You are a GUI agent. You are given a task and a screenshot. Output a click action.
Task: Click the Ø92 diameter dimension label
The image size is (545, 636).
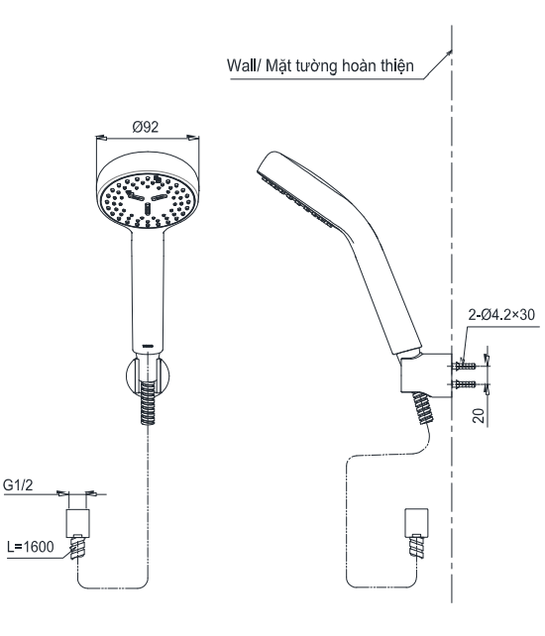pyautogui.click(x=146, y=127)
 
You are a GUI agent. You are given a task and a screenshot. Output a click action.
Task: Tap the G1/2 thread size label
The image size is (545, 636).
pyautogui.click(x=18, y=484)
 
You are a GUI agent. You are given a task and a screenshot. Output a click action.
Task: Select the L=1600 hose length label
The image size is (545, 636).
pyautogui.click(x=31, y=547)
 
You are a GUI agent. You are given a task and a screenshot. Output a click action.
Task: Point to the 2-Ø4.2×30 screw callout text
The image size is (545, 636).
pyautogui.click(x=501, y=314)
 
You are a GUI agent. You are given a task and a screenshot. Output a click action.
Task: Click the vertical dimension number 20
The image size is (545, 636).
pyautogui.click(x=479, y=416)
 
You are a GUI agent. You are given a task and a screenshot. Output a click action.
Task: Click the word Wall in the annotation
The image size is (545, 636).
pyautogui.click(x=241, y=65)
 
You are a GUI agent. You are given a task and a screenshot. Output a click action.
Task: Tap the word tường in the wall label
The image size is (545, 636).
pyautogui.click(x=316, y=65)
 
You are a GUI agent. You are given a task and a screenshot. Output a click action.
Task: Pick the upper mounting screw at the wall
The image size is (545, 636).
pyautogui.click(x=464, y=366)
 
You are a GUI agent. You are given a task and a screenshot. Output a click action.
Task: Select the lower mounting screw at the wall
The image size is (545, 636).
pyautogui.click(x=464, y=383)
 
